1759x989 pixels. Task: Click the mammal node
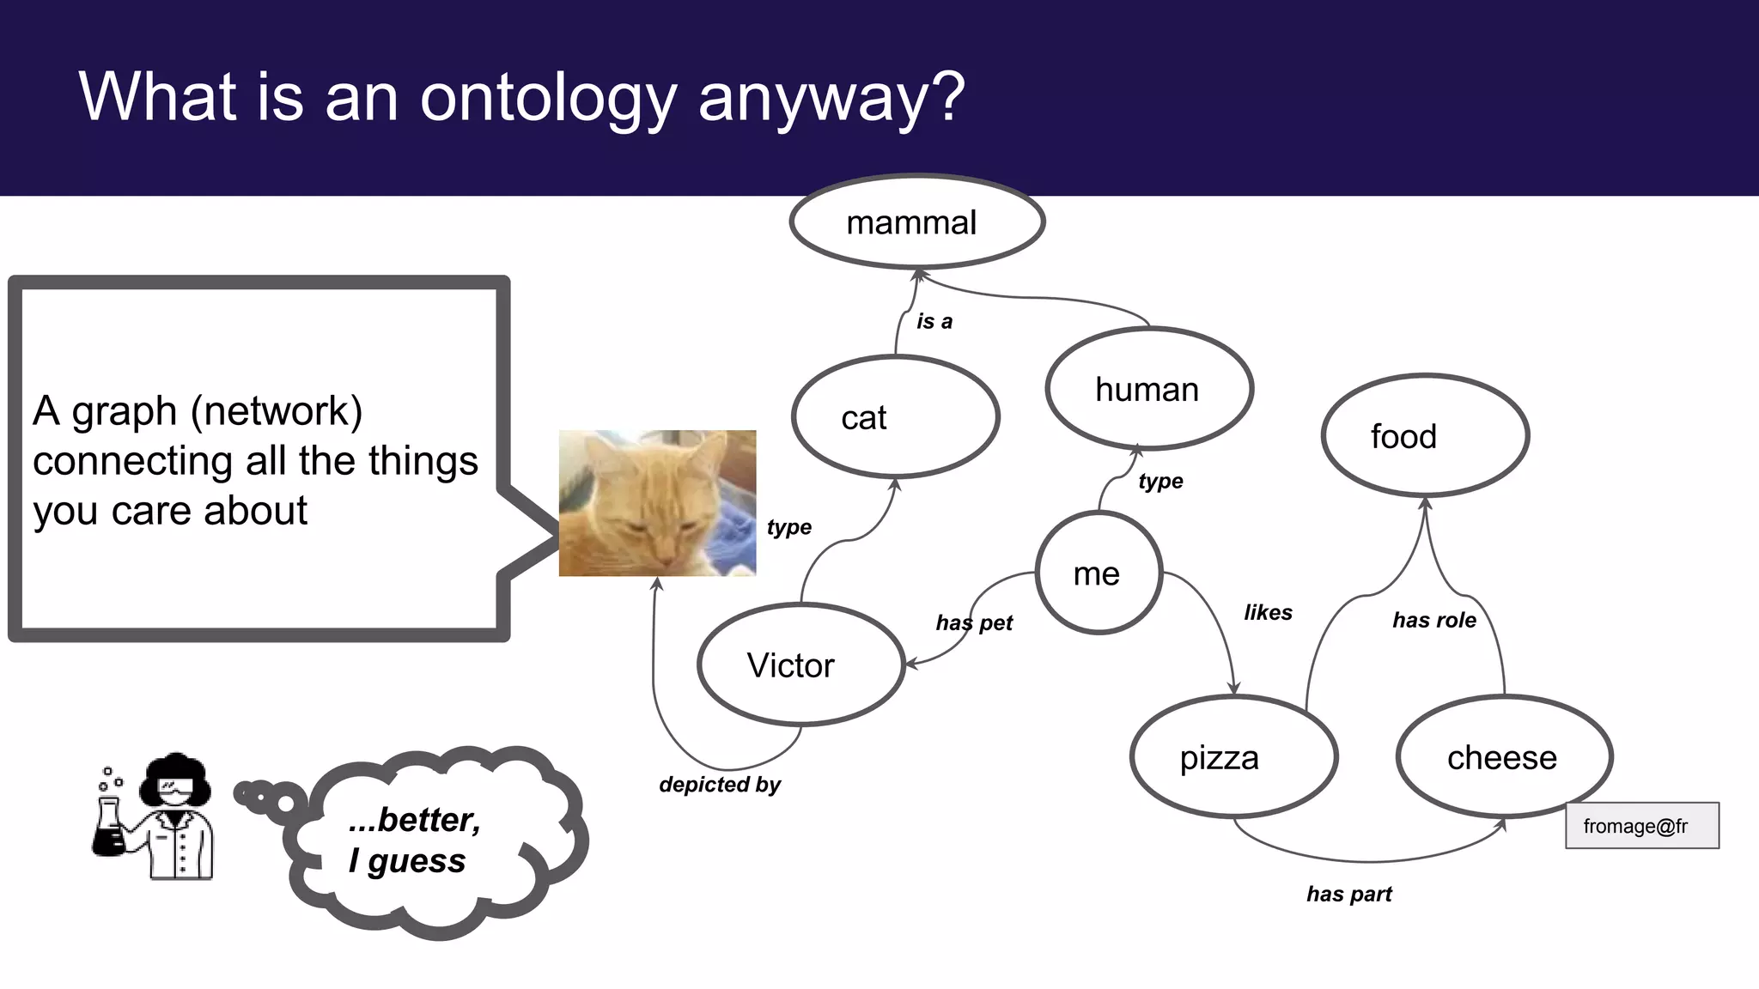coord(916,222)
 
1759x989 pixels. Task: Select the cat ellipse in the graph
coord(895,417)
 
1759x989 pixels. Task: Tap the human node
coord(1148,389)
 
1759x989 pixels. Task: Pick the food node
coord(1425,436)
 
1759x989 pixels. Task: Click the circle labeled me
coord(1099,573)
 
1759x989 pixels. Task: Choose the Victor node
coord(800,665)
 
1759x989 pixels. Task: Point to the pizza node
coord(1233,757)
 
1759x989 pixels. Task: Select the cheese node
coord(1504,757)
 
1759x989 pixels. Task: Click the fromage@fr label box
coord(1641,826)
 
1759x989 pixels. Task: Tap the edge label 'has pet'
coord(974,622)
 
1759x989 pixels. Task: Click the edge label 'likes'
coord(1268,612)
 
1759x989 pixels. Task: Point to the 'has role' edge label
coord(1433,620)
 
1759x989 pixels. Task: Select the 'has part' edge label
coord(1348,894)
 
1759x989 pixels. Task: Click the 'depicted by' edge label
coord(720,784)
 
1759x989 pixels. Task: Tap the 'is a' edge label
coord(934,321)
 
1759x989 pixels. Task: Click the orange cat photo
coord(657,503)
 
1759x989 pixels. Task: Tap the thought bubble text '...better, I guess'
coord(414,840)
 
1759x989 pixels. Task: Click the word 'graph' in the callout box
coord(124,411)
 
